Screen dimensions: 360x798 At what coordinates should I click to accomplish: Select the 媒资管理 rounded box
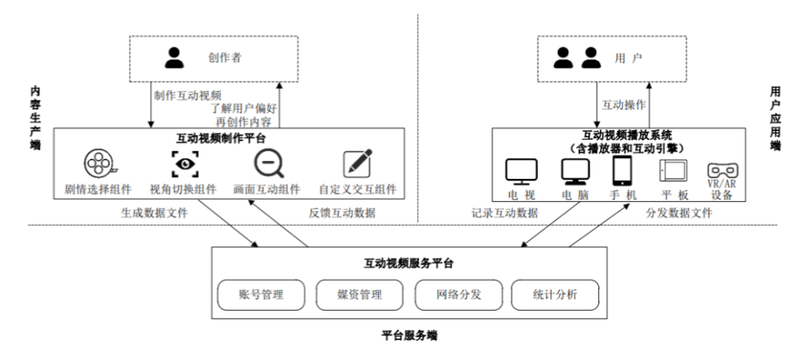point(359,295)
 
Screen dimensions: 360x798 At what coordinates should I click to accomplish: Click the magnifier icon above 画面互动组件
point(268,164)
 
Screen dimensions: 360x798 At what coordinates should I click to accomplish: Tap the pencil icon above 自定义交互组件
point(357,163)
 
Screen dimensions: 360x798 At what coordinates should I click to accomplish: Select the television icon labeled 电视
point(522,170)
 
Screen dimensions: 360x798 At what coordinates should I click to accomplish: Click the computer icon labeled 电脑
point(573,170)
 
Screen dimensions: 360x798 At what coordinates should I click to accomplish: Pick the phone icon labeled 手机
point(622,169)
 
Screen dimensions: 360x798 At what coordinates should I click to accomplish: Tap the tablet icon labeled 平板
point(672,170)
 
